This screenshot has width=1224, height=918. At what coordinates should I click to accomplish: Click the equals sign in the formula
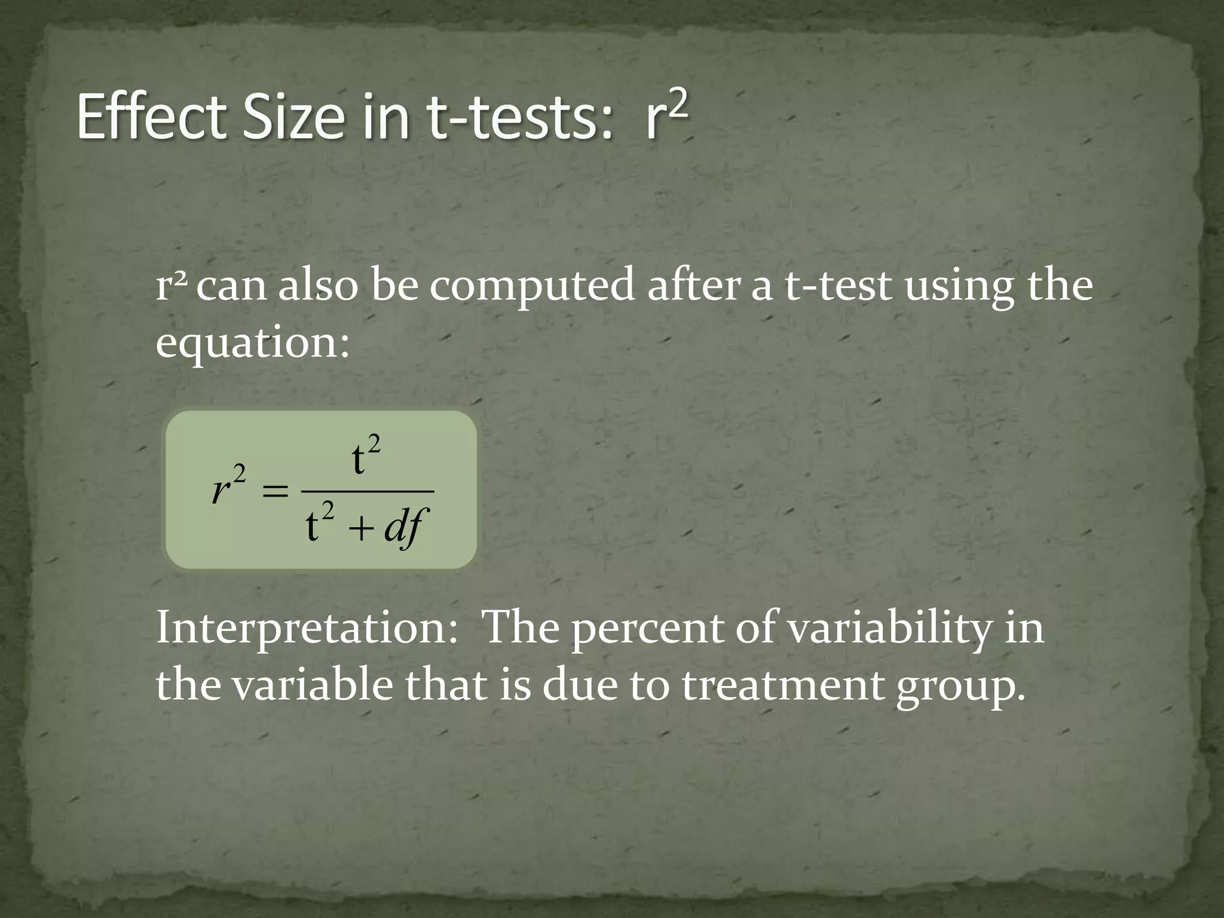coord(275,492)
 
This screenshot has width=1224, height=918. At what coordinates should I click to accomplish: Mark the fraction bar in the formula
coord(367,491)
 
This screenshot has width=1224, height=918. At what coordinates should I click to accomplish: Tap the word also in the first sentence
coord(317,286)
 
